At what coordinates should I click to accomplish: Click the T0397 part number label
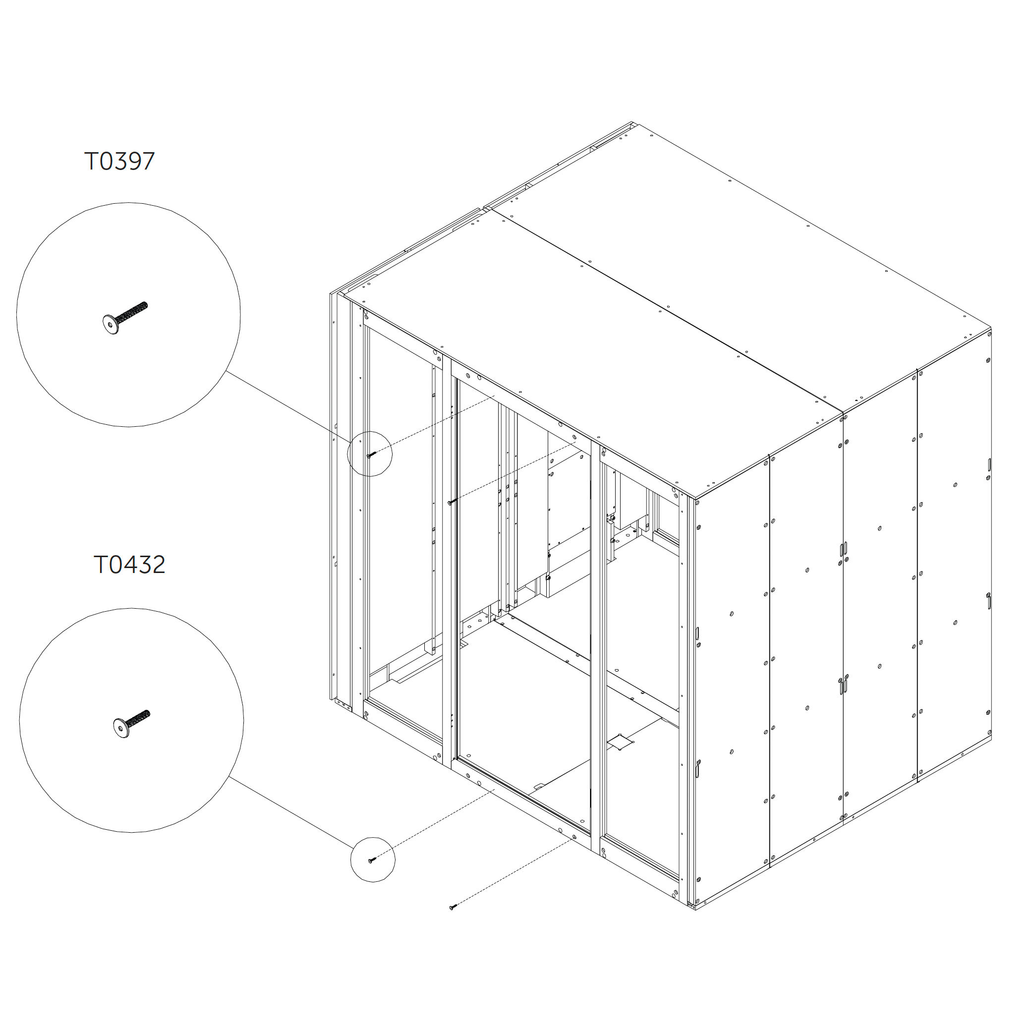pyautogui.click(x=119, y=161)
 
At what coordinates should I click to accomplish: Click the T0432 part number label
pyautogui.click(x=129, y=565)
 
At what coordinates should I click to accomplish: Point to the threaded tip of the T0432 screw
pyautogui.click(x=148, y=712)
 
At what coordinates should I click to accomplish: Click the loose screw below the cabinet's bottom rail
pyautogui.click(x=453, y=906)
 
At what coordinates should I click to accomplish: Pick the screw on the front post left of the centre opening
pyautogui.click(x=452, y=502)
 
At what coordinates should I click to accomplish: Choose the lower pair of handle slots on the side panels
pyautogui.click(x=843, y=686)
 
